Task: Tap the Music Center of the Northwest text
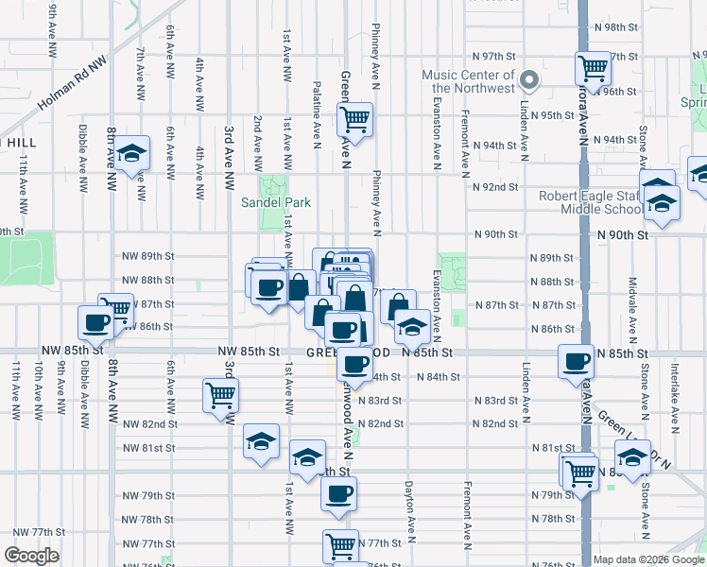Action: click(x=468, y=81)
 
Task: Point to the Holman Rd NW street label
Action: click(x=71, y=83)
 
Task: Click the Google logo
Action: click(x=31, y=556)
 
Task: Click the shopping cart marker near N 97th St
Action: click(x=593, y=67)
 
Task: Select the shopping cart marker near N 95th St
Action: click(x=355, y=119)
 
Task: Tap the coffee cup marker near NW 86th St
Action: click(x=96, y=322)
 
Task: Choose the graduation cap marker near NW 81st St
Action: click(x=261, y=441)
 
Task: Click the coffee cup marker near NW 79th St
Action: click(x=338, y=492)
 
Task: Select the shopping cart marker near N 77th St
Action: click(x=340, y=545)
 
